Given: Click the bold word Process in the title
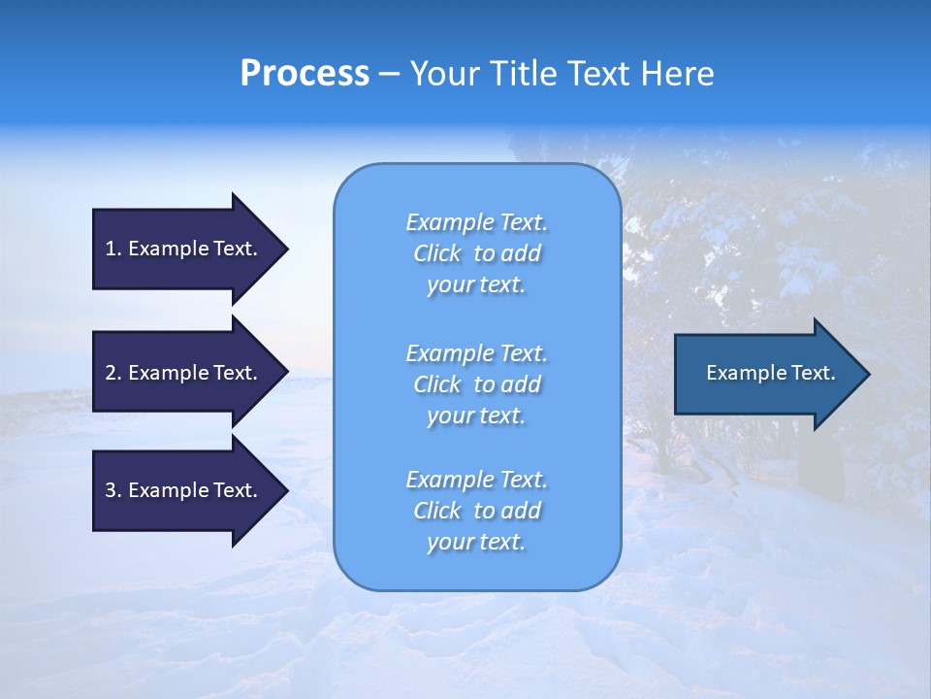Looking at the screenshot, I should (305, 74).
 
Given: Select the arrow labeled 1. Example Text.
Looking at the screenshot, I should (184, 249).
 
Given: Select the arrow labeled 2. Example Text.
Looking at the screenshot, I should (184, 373).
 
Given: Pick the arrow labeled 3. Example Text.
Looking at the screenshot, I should (184, 490).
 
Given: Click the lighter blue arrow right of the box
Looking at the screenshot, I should (766, 374).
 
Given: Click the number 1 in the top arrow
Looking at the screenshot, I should (111, 249).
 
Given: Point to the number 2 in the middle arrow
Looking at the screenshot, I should (111, 373).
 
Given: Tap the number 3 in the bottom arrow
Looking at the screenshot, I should (111, 490).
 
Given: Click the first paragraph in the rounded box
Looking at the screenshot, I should (476, 253).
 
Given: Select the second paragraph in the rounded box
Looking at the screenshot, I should (476, 384).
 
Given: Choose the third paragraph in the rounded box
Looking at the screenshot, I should (476, 511).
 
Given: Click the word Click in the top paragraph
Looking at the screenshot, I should (437, 253).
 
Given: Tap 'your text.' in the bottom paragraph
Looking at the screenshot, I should (476, 542).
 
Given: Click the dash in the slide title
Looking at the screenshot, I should (389, 74).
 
